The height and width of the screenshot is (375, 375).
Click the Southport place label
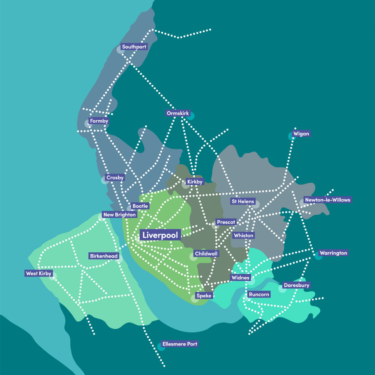pos(134,47)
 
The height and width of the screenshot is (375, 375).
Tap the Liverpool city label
pos(160,235)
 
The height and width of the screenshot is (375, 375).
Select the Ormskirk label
pos(178,113)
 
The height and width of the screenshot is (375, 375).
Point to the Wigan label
pos(301,134)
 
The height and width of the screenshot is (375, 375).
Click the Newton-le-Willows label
pos(328,200)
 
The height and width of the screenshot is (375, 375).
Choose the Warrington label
pos(333,253)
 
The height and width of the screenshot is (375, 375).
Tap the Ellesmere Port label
pos(180,344)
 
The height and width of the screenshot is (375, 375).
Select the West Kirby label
pos(39,273)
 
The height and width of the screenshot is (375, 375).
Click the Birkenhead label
pos(104,256)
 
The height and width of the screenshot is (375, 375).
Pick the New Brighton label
pos(120,214)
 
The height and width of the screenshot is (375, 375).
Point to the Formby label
pos(99,121)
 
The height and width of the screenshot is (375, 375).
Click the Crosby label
pos(115,178)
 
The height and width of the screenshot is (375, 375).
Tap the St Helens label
pos(243,201)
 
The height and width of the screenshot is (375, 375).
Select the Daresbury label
pos(296,285)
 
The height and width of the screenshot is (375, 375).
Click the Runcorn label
pos(259,294)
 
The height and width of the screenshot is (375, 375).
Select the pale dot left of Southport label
pos(120,50)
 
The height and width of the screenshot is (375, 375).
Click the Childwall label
pos(206,254)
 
